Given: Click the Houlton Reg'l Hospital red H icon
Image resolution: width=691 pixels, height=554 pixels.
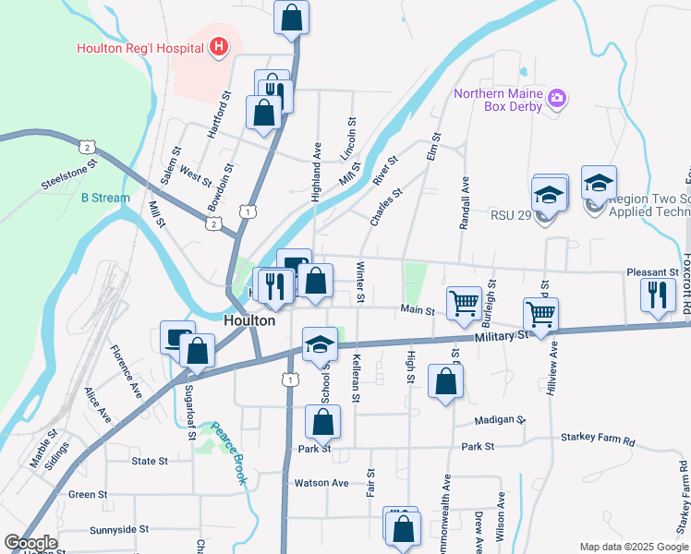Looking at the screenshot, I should (x=219, y=46).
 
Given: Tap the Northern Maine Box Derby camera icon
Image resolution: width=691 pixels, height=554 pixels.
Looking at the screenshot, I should (x=556, y=97).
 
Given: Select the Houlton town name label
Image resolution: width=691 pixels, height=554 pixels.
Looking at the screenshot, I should (x=249, y=320).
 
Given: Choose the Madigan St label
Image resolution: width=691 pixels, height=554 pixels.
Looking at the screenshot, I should (x=499, y=419).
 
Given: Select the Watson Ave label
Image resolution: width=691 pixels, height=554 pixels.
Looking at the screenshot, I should (x=321, y=483).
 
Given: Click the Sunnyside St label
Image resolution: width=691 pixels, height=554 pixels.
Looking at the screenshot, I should (x=119, y=530).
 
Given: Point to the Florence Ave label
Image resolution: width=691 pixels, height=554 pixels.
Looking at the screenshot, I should (x=126, y=371).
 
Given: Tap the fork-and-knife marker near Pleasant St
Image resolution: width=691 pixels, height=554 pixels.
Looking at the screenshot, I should (x=656, y=295).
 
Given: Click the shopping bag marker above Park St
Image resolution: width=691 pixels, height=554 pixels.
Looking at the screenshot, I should (x=323, y=424).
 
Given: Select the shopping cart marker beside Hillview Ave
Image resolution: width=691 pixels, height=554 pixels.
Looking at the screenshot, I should (x=540, y=314).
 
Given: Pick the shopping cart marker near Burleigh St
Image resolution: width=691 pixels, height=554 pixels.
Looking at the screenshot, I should (x=464, y=302).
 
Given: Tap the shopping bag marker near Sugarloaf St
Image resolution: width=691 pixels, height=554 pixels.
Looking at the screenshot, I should (x=198, y=351).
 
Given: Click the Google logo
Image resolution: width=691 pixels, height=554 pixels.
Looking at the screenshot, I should (x=30, y=543).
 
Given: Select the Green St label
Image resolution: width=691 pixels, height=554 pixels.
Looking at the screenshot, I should (x=88, y=495).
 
